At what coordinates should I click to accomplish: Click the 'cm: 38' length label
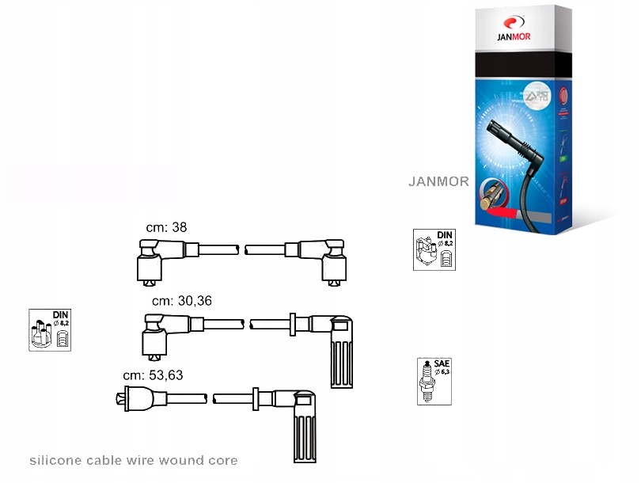[x=166, y=227]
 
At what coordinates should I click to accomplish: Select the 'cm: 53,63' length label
[x=153, y=375]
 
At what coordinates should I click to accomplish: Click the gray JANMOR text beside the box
[x=438, y=181]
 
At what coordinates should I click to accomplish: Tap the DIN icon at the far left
[x=50, y=329]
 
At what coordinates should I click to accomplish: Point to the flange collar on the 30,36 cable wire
[x=293, y=324]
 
